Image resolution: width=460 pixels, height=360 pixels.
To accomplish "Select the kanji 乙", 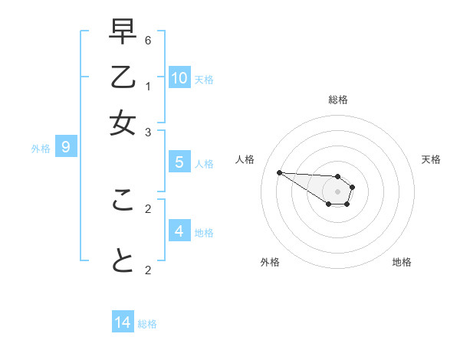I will pyautogui.click(x=123, y=79).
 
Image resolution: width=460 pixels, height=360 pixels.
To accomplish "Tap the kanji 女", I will pyautogui.click(x=123, y=123).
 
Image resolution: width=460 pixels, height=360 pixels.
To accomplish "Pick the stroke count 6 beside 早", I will pyautogui.click(x=148, y=40).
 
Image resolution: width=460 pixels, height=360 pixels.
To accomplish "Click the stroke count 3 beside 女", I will pyautogui.click(x=148, y=132).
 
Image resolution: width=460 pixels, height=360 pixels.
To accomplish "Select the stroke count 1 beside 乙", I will pyautogui.click(x=148, y=86).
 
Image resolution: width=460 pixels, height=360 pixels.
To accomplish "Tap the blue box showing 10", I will pyautogui.click(x=179, y=77).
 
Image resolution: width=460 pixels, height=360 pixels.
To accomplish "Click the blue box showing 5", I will pyautogui.click(x=179, y=162).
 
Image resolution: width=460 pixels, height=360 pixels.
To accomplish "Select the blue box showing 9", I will pyautogui.click(x=66, y=147).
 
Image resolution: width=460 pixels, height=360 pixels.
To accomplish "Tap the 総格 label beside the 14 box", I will pyautogui.click(x=148, y=324).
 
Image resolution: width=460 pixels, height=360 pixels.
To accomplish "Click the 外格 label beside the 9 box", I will pyautogui.click(x=41, y=149).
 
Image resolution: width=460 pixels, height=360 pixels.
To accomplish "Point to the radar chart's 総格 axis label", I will pyautogui.click(x=337, y=100).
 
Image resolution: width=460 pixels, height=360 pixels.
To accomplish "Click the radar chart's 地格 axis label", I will pyautogui.click(x=402, y=262).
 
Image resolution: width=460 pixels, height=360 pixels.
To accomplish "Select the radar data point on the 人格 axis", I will pyautogui.click(x=279, y=172).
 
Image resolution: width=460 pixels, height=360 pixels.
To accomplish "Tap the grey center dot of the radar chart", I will pyautogui.click(x=337, y=191).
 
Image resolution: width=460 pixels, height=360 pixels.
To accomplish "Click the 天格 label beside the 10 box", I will pyautogui.click(x=204, y=80).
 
